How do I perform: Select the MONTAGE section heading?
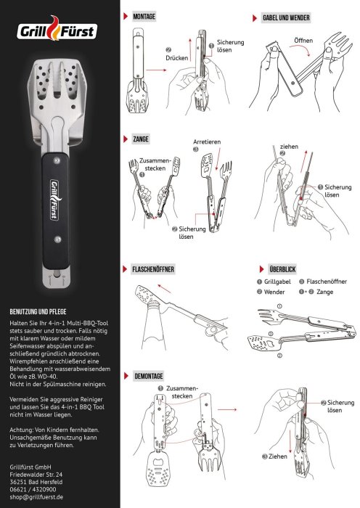point(144,15)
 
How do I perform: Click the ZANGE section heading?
point(140,139)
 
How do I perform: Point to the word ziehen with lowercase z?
point(289,147)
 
